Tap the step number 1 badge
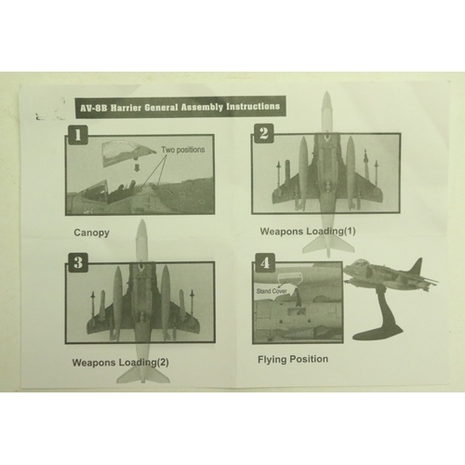pos(77,135)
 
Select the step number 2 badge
pos(263,133)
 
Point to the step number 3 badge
pos(78,263)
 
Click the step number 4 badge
pos(264,263)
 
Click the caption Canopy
pos(91,232)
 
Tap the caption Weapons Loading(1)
pos(308,232)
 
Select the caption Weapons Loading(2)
pos(120,363)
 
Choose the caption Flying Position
pos(293,359)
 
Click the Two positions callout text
pos(183,150)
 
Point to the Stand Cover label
pos(272,291)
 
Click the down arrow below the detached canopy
pos(138,168)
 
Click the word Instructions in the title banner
pos(253,106)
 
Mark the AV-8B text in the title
pos(94,109)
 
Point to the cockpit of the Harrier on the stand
pos(360,262)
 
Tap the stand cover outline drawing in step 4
pos(290,278)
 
